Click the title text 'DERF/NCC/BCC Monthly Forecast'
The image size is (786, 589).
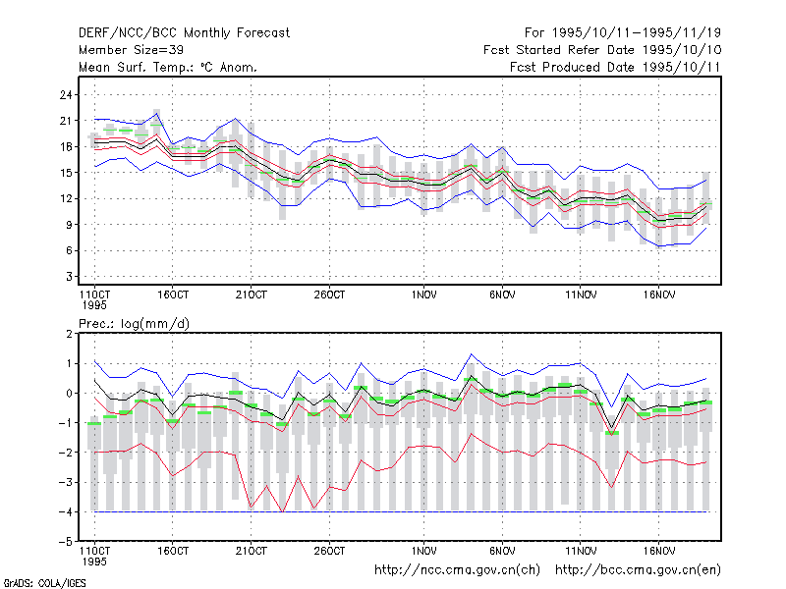click(x=184, y=33)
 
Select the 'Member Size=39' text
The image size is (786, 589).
click(x=131, y=50)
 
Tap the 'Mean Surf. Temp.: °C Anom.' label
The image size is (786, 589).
click(x=168, y=67)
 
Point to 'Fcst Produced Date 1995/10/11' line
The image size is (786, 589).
click(x=615, y=67)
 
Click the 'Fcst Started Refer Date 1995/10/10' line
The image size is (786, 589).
click(x=602, y=50)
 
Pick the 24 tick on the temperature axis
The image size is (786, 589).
click(x=66, y=94)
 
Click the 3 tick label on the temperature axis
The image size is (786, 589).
click(x=69, y=277)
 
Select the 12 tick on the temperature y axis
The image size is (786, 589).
click(x=66, y=198)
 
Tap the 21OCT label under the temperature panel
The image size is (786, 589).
click(x=252, y=295)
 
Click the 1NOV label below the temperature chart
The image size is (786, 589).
click(x=424, y=295)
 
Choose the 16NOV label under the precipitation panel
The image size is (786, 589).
click(x=658, y=551)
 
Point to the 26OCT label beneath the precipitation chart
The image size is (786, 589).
click(x=329, y=551)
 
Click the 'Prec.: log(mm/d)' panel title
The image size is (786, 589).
click(x=134, y=324)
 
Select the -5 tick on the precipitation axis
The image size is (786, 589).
click(x=66, y=542)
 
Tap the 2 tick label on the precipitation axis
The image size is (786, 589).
click(x=69, y=334)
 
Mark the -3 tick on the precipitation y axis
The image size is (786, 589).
click(x=66, y=482)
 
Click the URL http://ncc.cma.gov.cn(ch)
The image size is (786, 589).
click(x=457, y=570)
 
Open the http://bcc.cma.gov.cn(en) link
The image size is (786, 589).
click(x=638, y=570)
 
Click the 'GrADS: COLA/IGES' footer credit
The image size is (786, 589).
click(x=44, y=583)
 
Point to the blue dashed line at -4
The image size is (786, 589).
click(x=401, y=511)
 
